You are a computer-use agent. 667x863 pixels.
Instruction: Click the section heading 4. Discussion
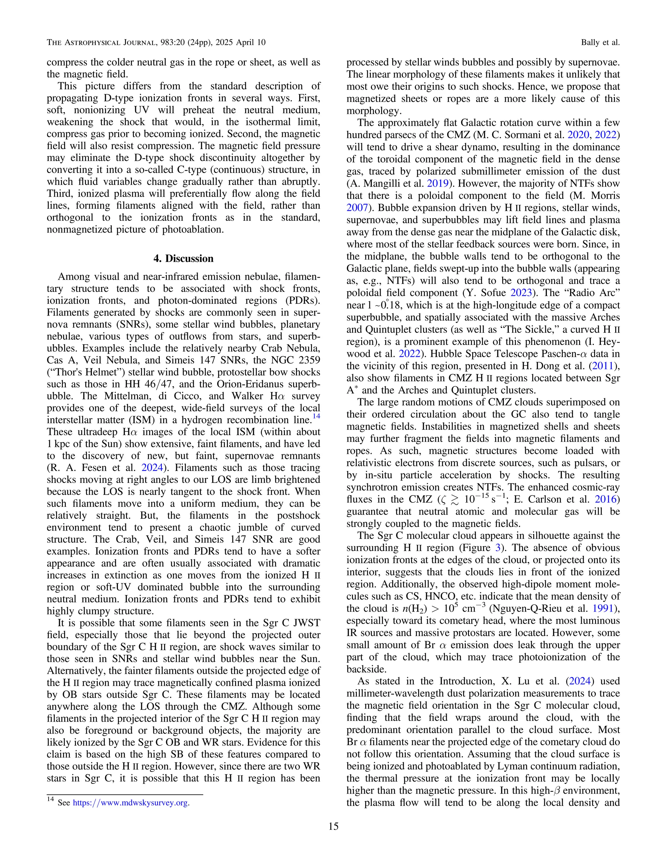click(x=183, y=259)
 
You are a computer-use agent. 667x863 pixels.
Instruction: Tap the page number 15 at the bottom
click(x=333, y=826)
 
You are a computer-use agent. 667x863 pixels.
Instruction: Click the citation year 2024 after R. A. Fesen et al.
click(x=152, y=468)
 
